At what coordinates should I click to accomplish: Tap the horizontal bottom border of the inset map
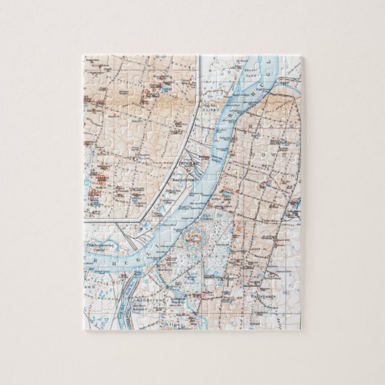coord(116,219)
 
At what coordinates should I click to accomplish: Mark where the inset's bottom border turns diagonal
coord(147,219)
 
